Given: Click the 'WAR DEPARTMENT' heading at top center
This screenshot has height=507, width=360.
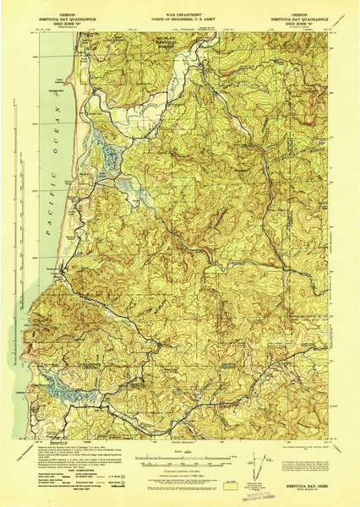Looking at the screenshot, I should pos(179,13).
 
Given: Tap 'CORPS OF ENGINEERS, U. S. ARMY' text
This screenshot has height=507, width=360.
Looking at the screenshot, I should pos(179,18).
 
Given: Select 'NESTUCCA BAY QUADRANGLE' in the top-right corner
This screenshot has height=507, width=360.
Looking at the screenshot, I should pos(297,18).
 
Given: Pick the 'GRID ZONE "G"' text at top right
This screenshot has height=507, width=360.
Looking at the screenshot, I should pos(297,23).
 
